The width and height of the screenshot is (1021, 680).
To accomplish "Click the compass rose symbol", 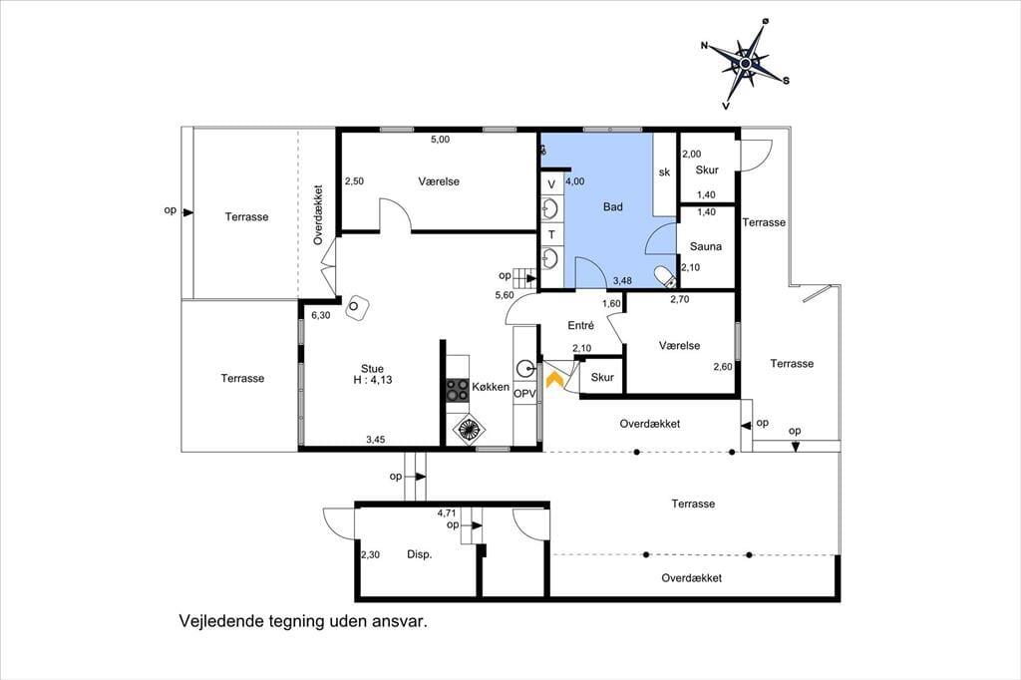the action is (x=746, y=63).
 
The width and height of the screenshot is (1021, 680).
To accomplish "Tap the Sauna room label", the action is (x=706, y=246).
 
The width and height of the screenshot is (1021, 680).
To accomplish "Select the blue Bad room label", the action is (x=613, y=207).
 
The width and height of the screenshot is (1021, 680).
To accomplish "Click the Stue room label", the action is (x=372, y=369).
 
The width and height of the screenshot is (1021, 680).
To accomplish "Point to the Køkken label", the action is (x=491, y=386).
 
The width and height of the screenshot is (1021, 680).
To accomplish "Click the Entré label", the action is (x=580, y=325).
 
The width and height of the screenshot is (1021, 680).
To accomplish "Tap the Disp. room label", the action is (x=420, y=555).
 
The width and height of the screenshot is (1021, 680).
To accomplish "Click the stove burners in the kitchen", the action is (x=457, y=389).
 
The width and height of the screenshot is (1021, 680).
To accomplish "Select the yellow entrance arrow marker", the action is (x=554, y=379).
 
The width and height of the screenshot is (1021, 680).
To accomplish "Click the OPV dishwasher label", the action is (x=524, y=394).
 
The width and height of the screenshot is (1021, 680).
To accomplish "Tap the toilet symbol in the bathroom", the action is (x=665, y=276).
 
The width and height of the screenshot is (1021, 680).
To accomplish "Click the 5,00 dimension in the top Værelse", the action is (x=440, y=140).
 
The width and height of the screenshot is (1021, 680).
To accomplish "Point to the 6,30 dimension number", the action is (x=320, y=315).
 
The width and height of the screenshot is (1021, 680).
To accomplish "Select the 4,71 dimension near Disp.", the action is (x=447, y=513).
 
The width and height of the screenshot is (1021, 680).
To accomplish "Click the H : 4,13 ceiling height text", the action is (x=373, y=380).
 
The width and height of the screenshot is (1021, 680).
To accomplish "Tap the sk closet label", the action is (x=664, y=171).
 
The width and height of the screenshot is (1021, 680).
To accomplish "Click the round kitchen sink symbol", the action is (x=524, y=369).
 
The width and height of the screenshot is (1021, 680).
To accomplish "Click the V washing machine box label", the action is (x=551, y=184).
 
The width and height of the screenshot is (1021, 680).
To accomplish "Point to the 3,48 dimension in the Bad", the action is (x=622, y=281).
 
